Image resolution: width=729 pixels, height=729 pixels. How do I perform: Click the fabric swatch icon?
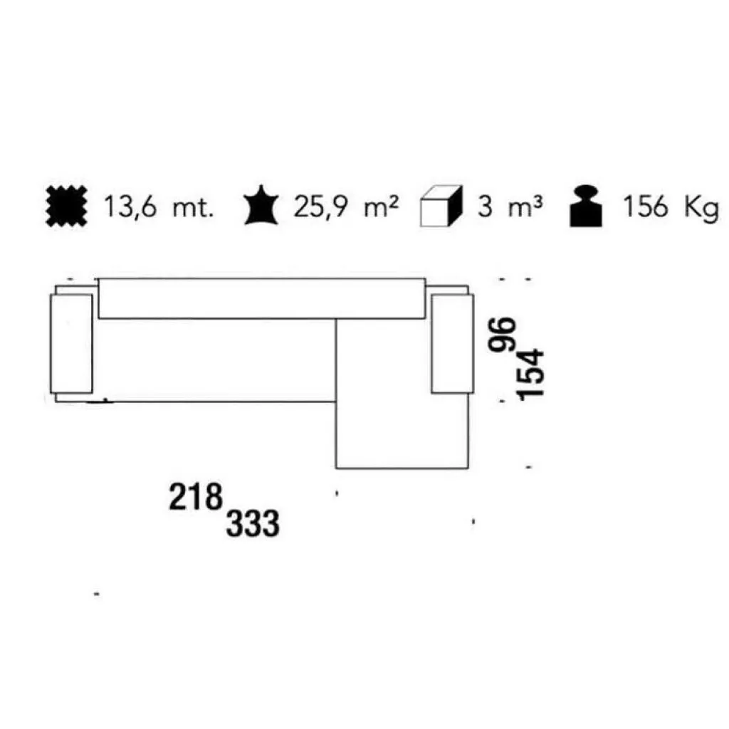(x=65, y=207)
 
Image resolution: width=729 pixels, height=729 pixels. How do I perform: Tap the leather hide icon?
(x=260, y=206)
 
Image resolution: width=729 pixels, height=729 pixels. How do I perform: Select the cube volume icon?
(x=441, y=207)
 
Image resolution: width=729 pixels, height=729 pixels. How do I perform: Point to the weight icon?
(x=587, y=206)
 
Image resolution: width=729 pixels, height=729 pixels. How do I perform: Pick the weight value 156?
(x=646, y=207)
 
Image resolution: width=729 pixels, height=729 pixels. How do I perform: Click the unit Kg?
(x=701, y=208)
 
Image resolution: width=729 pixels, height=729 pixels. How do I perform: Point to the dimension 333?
(x=253, y=525)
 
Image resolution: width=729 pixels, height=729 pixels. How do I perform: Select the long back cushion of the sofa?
(x=262, y=298)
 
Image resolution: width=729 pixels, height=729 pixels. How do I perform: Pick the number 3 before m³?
(x=484, y=207)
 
